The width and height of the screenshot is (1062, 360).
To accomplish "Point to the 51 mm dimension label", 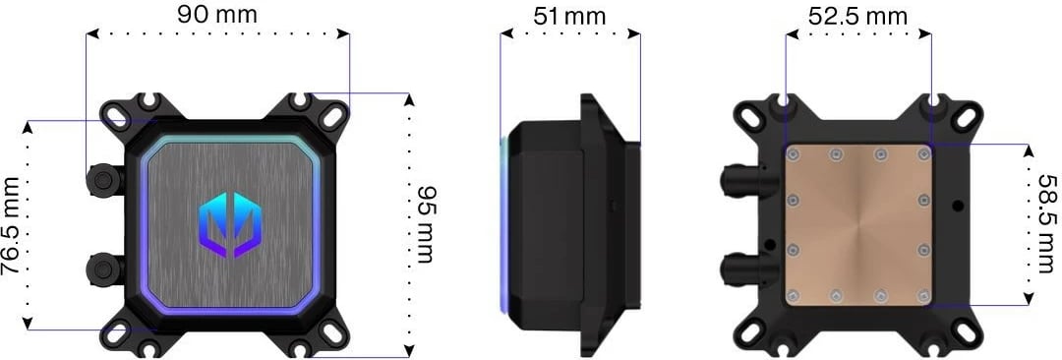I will point(569,17).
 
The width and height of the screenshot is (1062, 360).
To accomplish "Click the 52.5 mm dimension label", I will point(857,17).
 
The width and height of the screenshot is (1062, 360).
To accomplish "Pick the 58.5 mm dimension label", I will point(1048,224).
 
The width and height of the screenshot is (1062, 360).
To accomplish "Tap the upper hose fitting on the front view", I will point(101,178).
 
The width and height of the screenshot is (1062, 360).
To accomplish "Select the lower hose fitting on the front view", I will point(101,267).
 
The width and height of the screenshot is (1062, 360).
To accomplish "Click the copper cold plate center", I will point(857,224).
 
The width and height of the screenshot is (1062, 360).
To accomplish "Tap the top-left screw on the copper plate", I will point(794,154).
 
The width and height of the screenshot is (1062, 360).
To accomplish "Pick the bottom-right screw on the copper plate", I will point(923,294).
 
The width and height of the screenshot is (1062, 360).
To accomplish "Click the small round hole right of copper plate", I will point(957,208).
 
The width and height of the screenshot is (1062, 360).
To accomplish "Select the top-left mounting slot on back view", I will point(750,115).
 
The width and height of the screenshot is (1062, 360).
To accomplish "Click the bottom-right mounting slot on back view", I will point(966,334).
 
